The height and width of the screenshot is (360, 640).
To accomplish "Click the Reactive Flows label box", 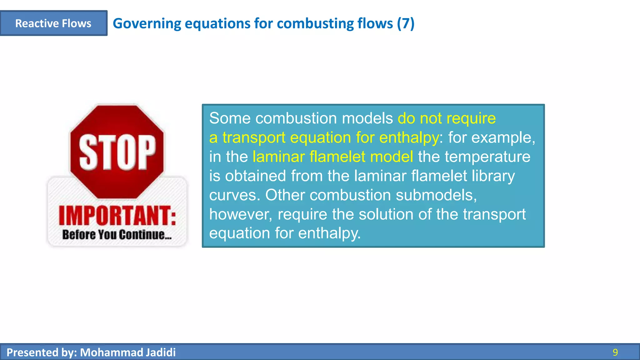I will click(53, 23).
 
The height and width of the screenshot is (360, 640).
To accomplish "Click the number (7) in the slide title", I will click(406, 23).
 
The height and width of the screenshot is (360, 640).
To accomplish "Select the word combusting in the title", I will click(315, 23).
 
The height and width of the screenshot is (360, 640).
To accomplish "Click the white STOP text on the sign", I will click(117, 152).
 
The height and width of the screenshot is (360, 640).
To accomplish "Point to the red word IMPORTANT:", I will click(117, 216).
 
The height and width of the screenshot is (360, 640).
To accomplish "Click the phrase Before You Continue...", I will click(117, 234).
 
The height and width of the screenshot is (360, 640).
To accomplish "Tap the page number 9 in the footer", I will click(615, 352).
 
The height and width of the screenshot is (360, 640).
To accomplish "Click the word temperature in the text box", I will click(487, 157).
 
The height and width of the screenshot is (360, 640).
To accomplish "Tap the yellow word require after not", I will click(471, 118).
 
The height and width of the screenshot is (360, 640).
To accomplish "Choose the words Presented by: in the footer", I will click(42, 352).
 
